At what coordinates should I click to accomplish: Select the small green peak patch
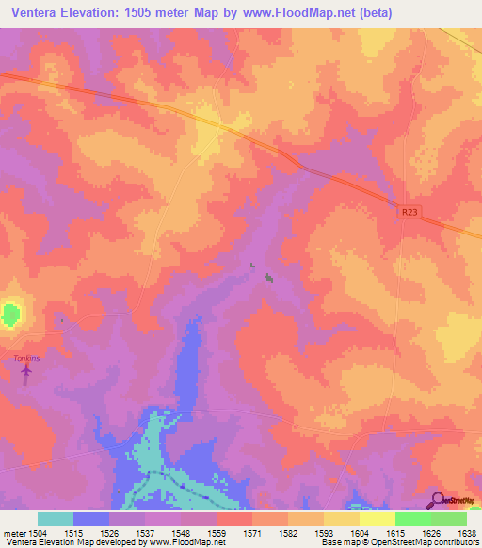[x=10, y=314]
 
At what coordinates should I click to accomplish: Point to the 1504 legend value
[x=26, y=532]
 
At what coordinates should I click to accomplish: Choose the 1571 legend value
[x=251, y=532]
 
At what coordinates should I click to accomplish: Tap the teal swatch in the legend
[x=56, y=519]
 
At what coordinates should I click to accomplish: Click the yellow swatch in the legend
[x=342, y=519]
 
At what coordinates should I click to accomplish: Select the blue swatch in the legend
[x=91, y=519]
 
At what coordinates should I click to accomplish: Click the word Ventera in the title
[x=38, y=13]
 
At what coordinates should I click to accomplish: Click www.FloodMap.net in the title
[x=298, y=13]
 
